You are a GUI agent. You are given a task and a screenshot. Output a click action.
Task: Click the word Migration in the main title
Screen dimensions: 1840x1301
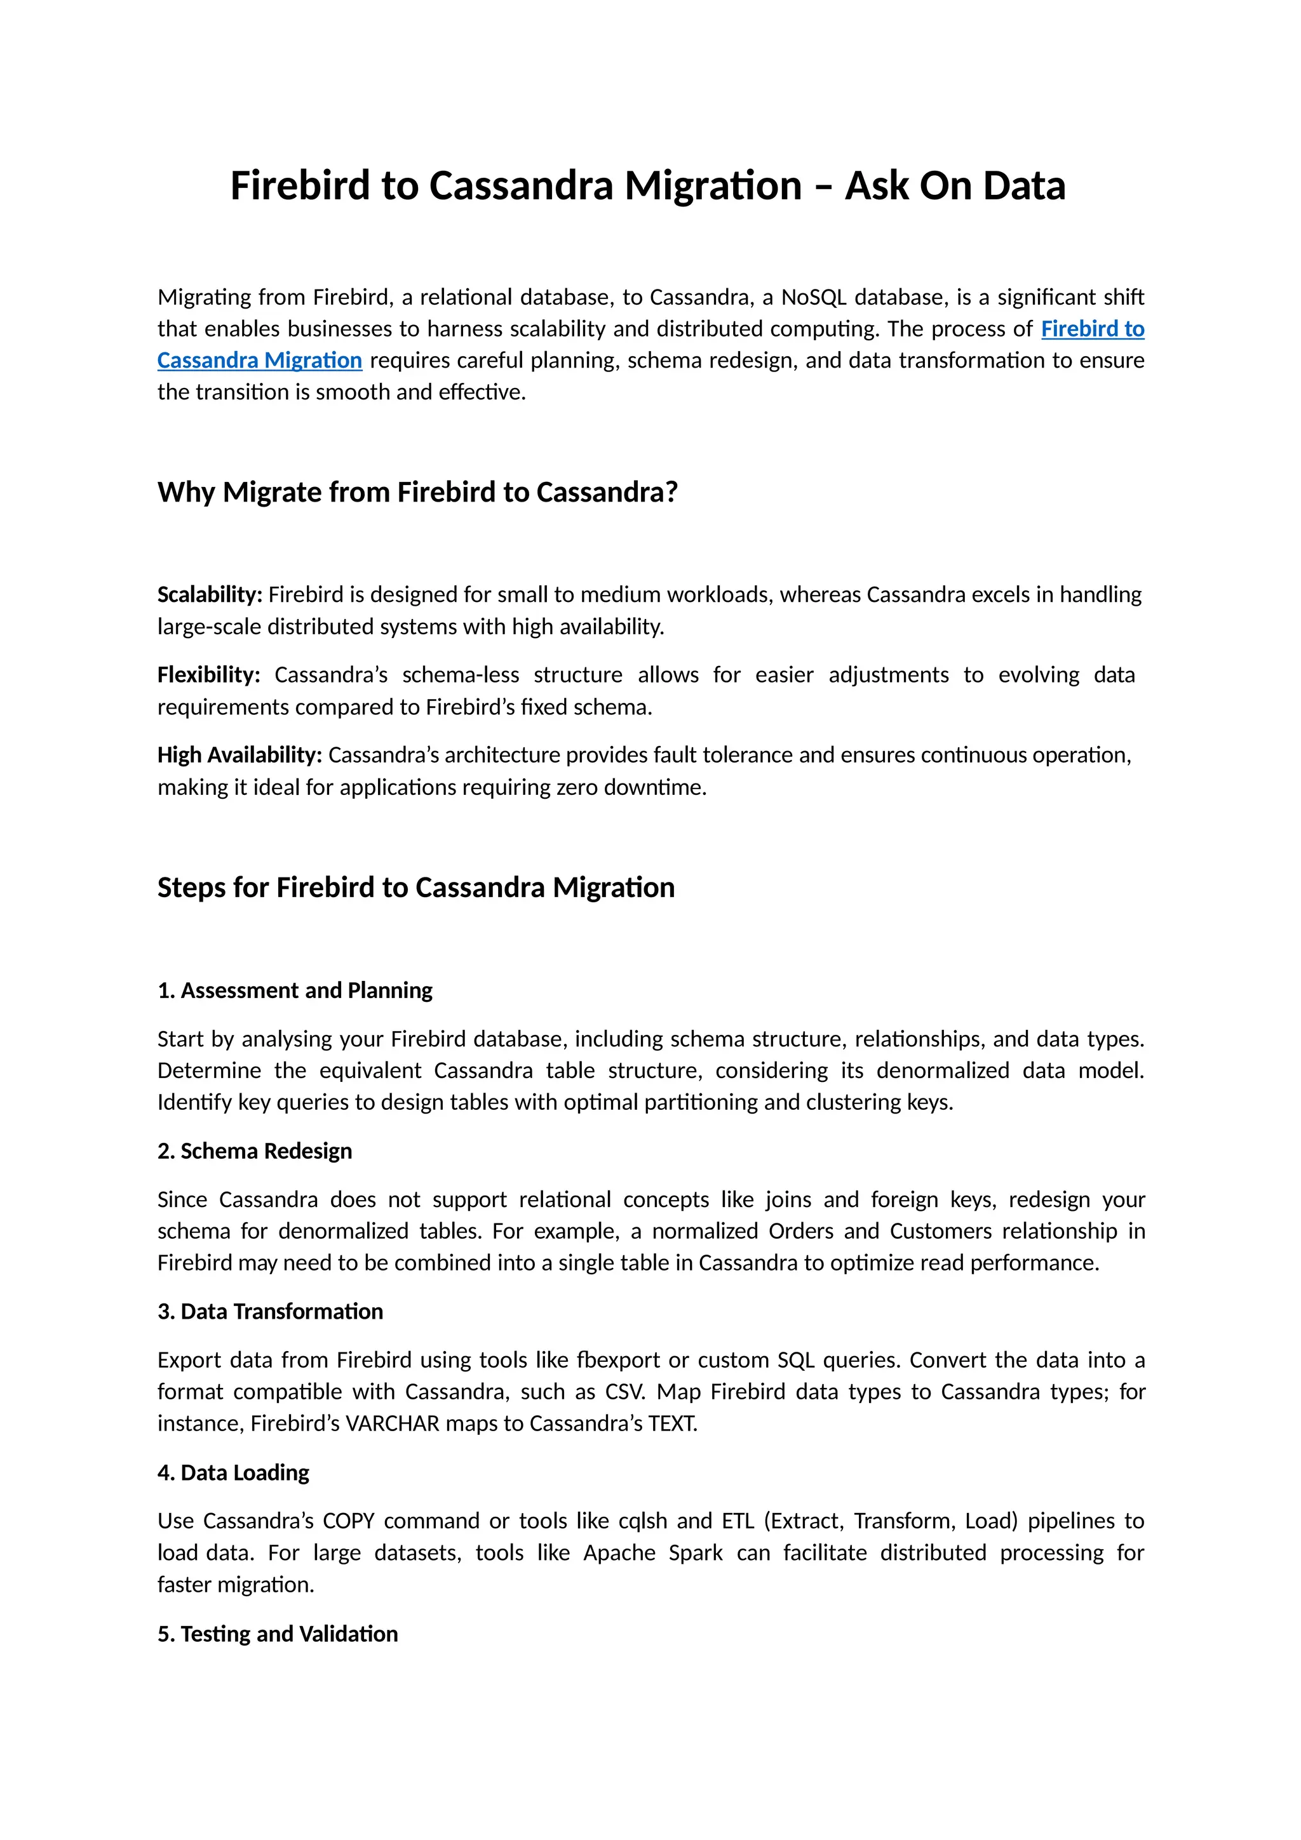(x=713, y=186)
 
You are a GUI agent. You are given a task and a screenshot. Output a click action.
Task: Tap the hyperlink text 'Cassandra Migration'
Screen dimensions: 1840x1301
(x=259, y=361)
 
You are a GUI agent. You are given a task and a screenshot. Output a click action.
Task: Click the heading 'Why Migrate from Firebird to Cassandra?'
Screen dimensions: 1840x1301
(x=417, y=492)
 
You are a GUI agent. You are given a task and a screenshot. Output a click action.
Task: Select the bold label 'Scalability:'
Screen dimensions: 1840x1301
(x=209, y=595)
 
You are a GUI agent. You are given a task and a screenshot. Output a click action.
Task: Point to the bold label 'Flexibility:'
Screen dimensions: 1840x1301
(x=208, y=675)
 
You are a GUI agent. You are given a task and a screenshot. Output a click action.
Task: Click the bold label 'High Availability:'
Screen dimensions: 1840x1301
(x=239, y=755)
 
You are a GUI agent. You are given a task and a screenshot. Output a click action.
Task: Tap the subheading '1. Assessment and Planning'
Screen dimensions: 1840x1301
(x=294, y=990)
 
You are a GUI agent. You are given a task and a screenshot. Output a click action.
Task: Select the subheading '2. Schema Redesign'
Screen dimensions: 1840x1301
(x=254, y=1152)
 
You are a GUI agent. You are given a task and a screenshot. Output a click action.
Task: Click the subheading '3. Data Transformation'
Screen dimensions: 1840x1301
(x=269, y=1312)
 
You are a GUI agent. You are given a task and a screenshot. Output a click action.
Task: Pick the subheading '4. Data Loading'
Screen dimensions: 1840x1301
(x=233, y=1473)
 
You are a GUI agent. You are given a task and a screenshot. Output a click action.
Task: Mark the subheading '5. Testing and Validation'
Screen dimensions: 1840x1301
(x=278, y=1634)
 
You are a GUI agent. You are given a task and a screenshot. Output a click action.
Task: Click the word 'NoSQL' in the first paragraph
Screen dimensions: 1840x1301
(x=813, y=297)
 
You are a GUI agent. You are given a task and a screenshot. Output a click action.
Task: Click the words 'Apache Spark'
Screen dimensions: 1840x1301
(x=652, y=1553)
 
